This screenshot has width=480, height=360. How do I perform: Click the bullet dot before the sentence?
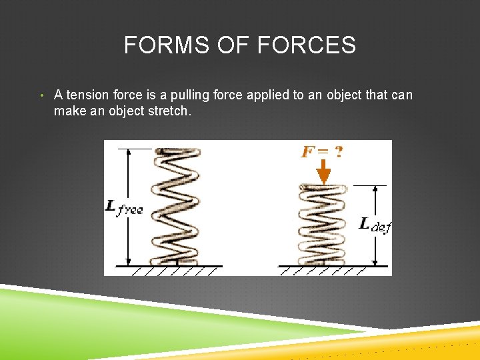42,95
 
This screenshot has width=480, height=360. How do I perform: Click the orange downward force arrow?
323,175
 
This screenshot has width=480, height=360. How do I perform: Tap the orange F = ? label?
323,152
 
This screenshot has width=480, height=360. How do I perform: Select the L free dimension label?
124,208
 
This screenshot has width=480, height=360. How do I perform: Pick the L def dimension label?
374,225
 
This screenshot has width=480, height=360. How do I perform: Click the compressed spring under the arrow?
323,225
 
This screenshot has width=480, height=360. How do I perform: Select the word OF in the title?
230,45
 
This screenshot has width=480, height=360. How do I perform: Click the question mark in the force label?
339,152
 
